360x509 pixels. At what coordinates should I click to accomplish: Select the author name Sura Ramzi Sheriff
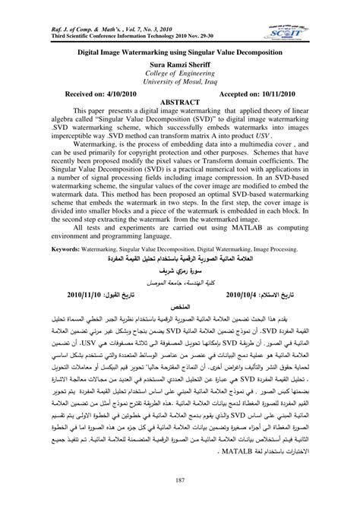[x=180, y=66]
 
